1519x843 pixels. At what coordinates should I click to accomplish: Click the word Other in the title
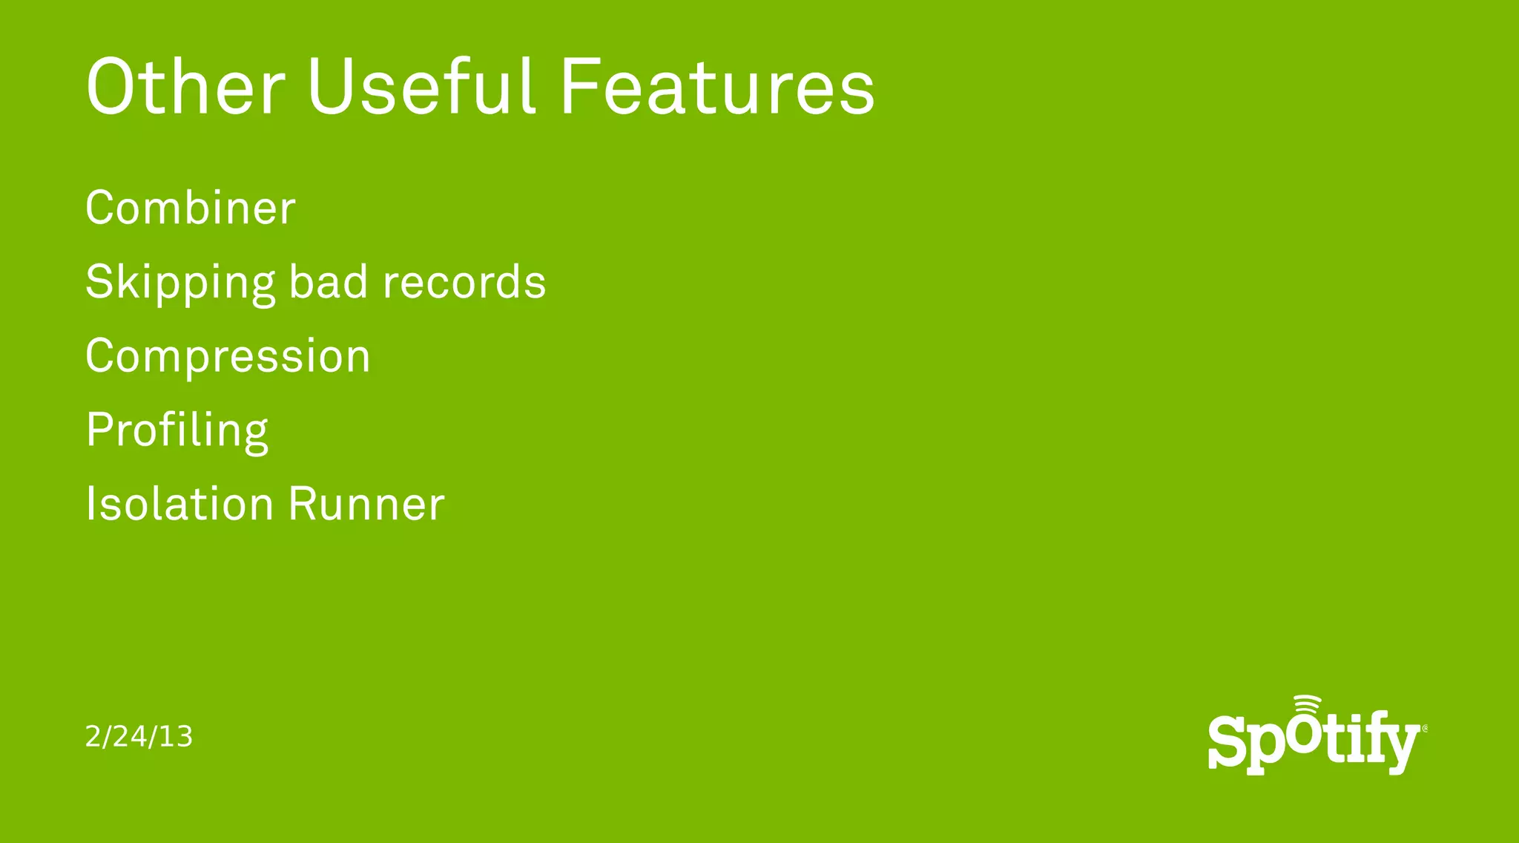[185, 87]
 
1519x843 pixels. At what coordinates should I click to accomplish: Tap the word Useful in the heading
[421, 87]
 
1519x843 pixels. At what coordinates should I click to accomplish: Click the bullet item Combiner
[191, 208]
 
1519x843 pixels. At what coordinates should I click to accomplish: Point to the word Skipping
[180, 283]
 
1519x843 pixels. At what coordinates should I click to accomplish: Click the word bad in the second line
[328, 282]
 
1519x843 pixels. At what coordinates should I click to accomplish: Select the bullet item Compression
[228, 357]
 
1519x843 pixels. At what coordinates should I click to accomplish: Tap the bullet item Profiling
[177, 431]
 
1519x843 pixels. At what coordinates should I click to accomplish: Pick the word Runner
[366, 505]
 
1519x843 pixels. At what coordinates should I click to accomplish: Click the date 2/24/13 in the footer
[139, 736]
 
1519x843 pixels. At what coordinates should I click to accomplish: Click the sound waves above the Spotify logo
[1307, 706]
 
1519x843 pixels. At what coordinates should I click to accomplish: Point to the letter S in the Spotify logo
[1227, 742]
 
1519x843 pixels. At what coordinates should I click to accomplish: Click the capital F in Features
[581, 87]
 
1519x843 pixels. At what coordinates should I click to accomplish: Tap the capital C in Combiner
[102, 208]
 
